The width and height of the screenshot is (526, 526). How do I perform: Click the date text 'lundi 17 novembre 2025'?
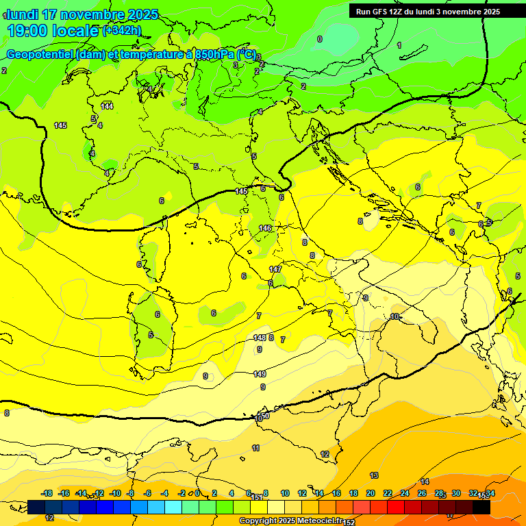coord(82,14)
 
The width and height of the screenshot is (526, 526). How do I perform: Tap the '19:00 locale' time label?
coord(54,31)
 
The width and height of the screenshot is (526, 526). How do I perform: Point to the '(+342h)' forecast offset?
coord(122,31)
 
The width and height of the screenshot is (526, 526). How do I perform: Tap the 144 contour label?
coord(107,106)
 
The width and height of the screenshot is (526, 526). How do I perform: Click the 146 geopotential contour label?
coord(265,228)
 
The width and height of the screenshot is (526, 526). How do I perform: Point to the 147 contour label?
coord(275,269)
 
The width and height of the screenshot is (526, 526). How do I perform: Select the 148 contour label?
coord(260,338)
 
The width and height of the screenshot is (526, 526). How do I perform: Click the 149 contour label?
coord(260,374)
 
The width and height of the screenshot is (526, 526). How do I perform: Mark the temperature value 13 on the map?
coord(374,475)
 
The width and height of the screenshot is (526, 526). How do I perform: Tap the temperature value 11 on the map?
coord(255,448)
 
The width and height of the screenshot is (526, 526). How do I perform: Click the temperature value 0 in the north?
coord(319,39)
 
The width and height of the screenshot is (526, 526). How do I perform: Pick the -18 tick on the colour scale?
coord(47,493)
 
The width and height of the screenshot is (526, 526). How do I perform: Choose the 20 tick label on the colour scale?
coord(370,493)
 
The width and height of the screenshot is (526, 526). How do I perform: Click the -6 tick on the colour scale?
coord(147,493)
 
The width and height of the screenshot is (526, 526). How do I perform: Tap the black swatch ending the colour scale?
coord(481,507)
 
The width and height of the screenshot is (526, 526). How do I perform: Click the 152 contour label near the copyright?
coord(349,522)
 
